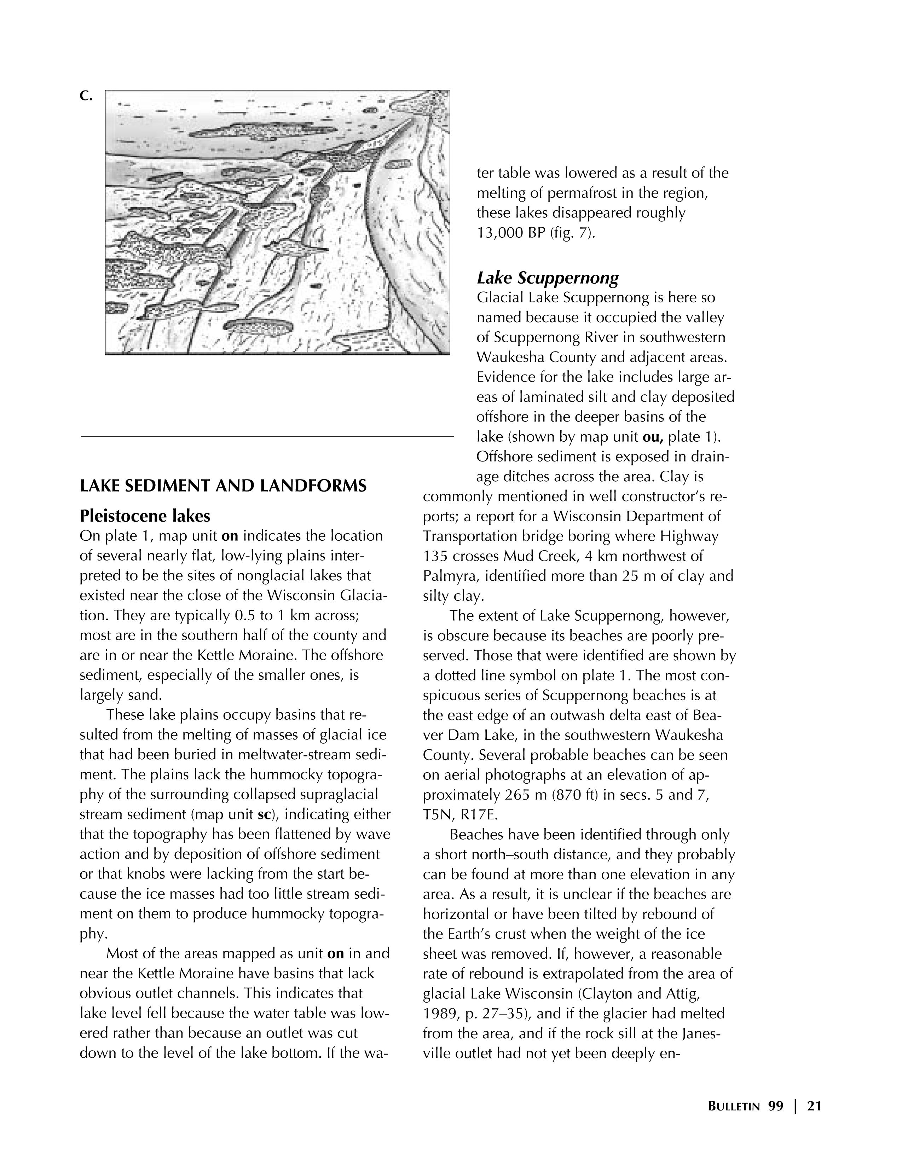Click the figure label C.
86,96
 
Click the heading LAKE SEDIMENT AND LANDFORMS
223,486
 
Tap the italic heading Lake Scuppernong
548,278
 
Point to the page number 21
814,1106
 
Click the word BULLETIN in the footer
733,1107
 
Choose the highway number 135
435,556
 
